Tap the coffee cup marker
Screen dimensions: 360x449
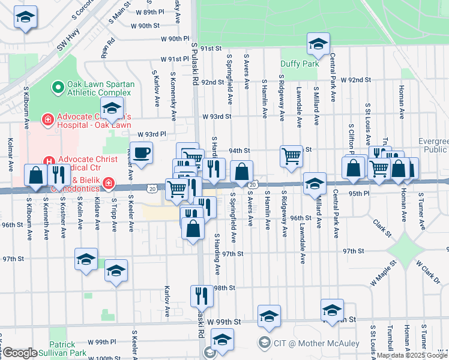point(141,153)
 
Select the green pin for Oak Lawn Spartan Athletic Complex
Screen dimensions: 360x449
point(58,88)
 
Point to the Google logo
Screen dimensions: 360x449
point(19,353)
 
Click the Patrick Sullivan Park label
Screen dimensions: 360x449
point(62,349)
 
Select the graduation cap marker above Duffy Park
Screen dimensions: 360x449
point(318,43)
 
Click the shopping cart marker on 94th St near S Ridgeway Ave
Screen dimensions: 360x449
point(291,155)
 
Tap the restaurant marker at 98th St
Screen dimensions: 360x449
point(201,295)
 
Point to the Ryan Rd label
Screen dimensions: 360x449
point(108,49)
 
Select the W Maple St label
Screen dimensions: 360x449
point(384,273)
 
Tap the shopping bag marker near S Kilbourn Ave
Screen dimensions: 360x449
point(35,175)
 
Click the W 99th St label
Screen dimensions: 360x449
point(224,322)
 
